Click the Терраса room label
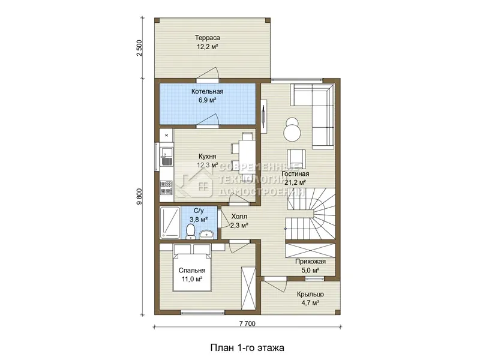tap(208, 38)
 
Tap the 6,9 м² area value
tap(207, 100)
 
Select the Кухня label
tap(207, 157)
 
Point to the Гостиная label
tap(295, 173)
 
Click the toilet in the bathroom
tap(190, 232)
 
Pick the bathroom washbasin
tap(208, 234)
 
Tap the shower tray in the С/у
tap(170, 223)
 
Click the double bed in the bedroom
tap(192, 268)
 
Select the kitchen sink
tap(166, 157)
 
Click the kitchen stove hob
tap(166, 187)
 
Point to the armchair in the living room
tap(296, 159)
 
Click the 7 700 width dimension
tap(247, 323)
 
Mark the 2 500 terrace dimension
tap(140, 48)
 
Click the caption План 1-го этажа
tap(247, 348)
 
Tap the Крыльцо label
tap(310, 294)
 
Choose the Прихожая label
tap(310, 262)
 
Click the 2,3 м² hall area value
tap(239, 226)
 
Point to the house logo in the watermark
tap(197, 183)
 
